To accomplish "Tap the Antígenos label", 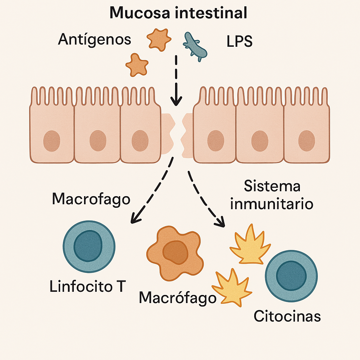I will [x=95, y=39].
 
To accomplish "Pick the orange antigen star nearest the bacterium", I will [x=159, y=38].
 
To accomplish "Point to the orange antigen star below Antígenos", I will [x=137, y=65].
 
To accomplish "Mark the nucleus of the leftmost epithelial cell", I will [x=52, y=141].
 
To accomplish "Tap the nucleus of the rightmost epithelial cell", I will [x=307, y=141].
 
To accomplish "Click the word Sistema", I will [x=272, y=186].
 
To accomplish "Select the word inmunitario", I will [x=272, y=204].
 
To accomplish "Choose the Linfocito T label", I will [x=88, y=287].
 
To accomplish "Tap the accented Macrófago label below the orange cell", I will [x=178, y=298].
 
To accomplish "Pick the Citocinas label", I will [x=287, y=316].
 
